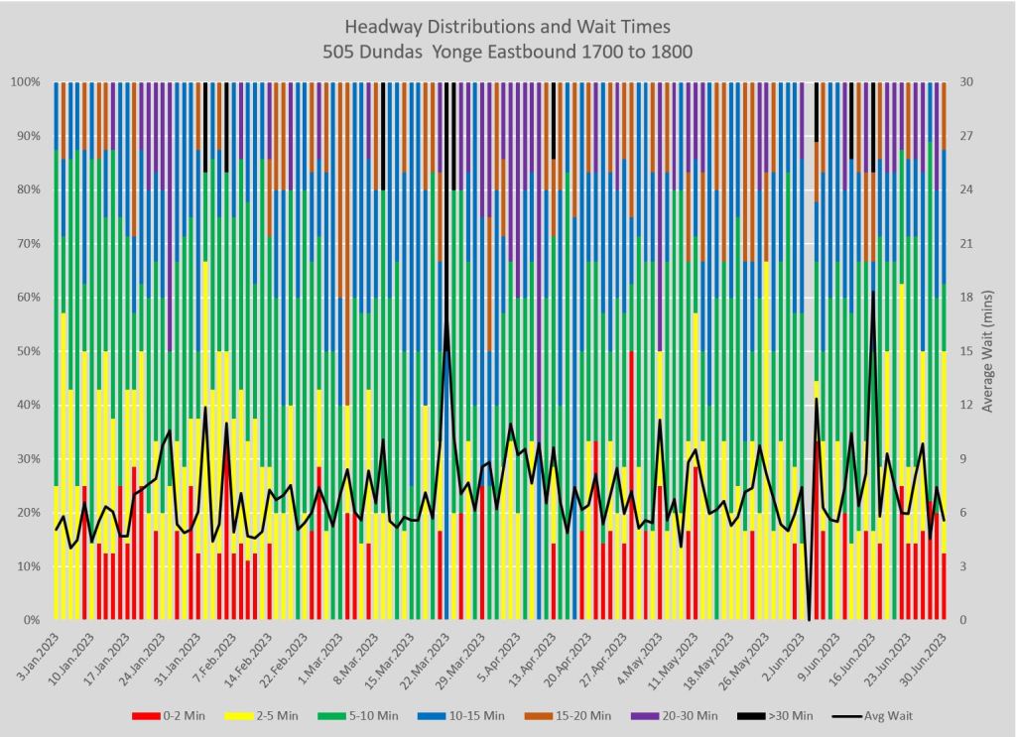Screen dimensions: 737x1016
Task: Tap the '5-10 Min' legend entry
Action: tap(367, 715)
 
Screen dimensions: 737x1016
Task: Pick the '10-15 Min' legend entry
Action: tap(469, 715)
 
